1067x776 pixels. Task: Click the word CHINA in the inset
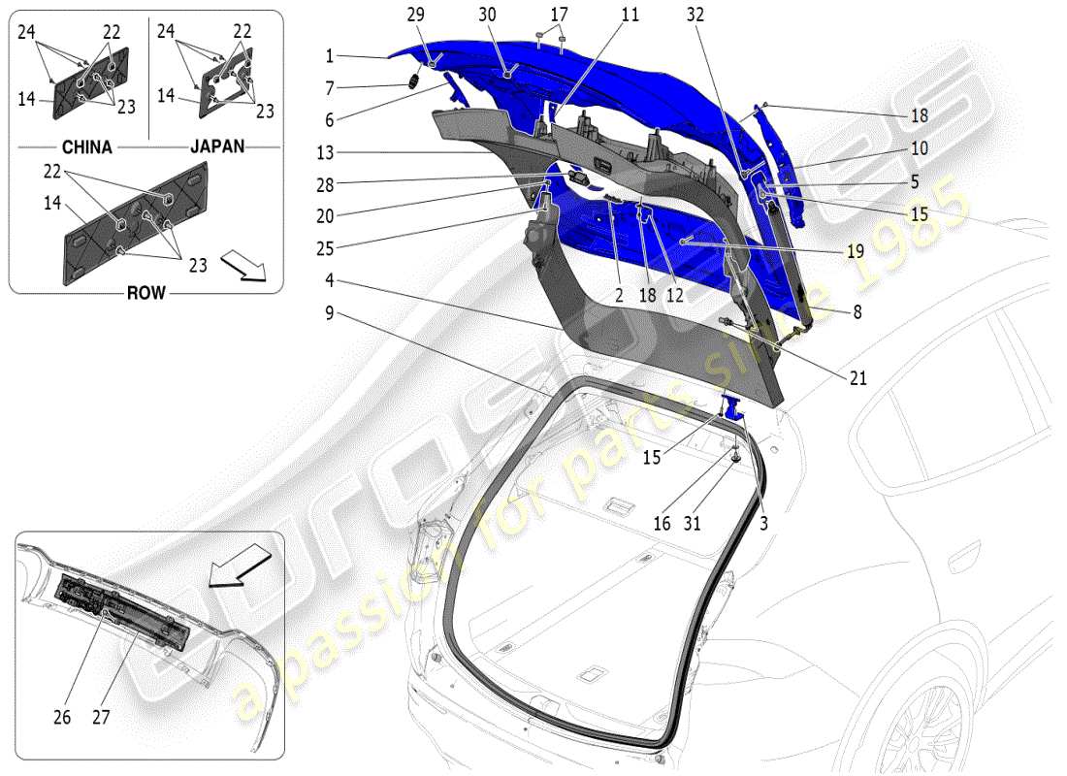pyautogui.click(x=86, y=147)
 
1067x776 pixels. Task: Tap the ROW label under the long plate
pyautogui.click(x=146, y=293)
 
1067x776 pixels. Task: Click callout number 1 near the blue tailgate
pyautogui.click(x=330, y=55)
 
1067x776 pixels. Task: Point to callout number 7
pyautogui.click(x=330, y=88)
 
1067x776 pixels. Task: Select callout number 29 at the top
pyautogui.click(x=415, y=16)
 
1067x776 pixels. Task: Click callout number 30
pyautogui.click(x=487, y=16)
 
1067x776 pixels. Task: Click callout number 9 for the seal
pyautogui.click(x=330, y=312)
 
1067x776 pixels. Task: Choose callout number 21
pyautogui.click(x=857, y=378)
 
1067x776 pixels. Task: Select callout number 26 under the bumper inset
pyautogui.click(x=63, y=718)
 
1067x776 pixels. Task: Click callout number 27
pyautogui.click(x=101, y=718)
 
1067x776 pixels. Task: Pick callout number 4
pyautogui.click(x=330, y=281)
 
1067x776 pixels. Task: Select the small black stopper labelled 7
pyautogui.click(x=411, y=82)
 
